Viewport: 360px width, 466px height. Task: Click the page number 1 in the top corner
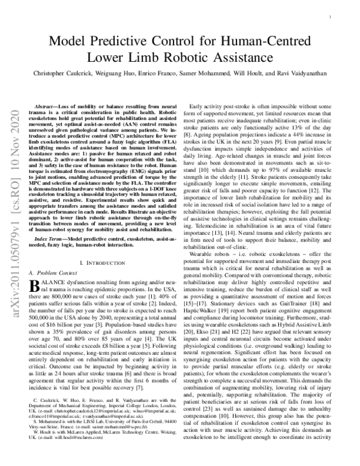332,18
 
